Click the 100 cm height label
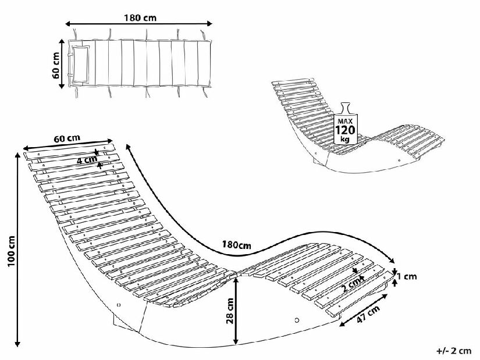[11, 251]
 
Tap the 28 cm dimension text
[230, 311]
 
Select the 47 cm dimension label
[368, 315]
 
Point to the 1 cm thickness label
[407, 276]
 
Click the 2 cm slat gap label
[352, 284]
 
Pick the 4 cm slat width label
[87, 159]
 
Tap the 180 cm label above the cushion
[140, 18]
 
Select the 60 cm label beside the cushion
[56, 65]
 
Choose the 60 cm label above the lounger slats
[67, 138]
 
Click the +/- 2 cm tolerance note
[454, 351]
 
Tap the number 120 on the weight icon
[346, 130]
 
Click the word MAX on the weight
[345, 121]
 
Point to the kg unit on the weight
[345, 140]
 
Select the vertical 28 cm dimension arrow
[236, 311]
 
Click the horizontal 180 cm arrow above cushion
[139, 24]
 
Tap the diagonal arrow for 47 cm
[364, 310]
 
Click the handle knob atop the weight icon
[346, 108]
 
